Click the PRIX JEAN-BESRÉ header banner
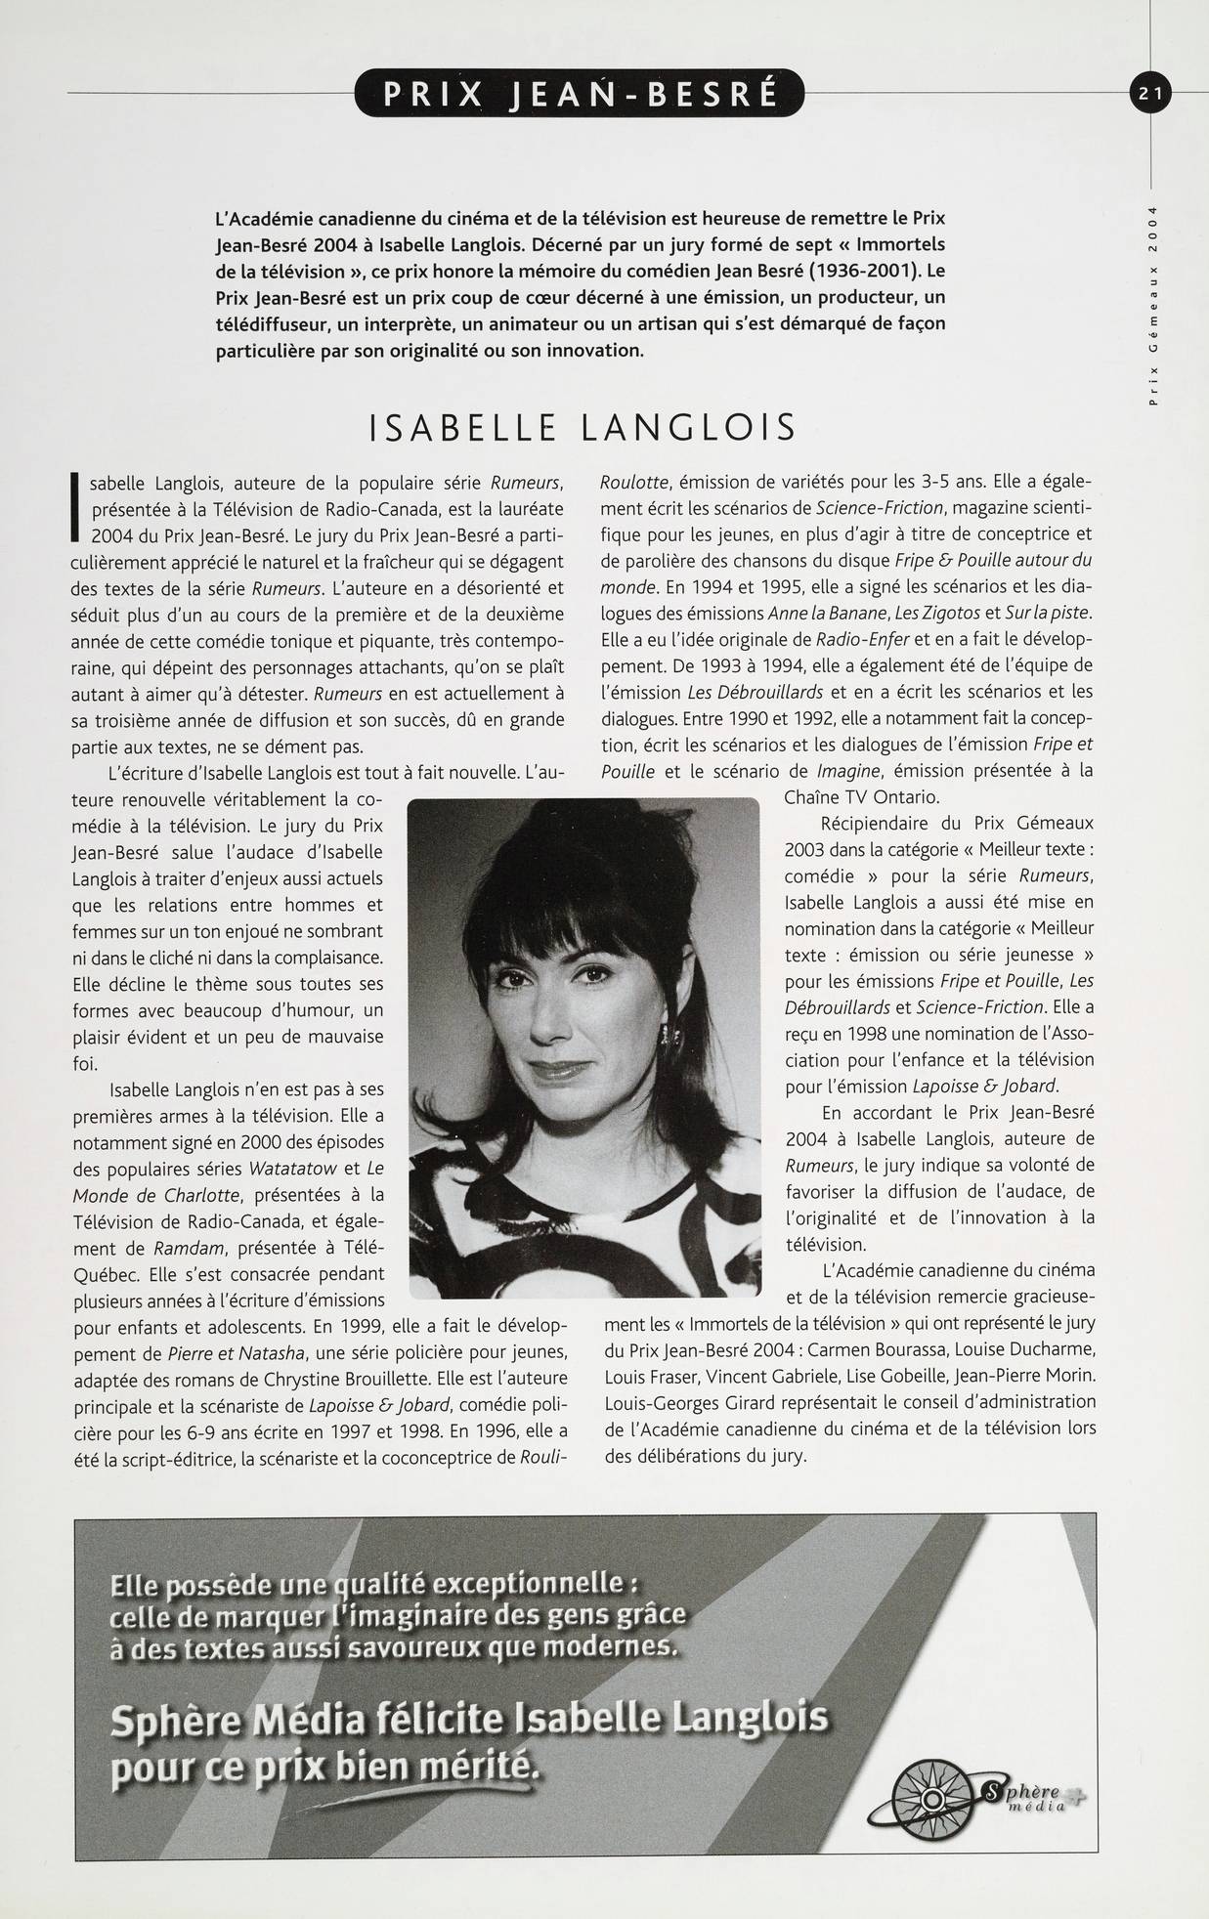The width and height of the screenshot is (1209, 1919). point(581,94)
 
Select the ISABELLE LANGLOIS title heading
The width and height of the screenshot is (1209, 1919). point(583,428)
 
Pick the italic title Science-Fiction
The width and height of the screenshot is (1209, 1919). point(880,508)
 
